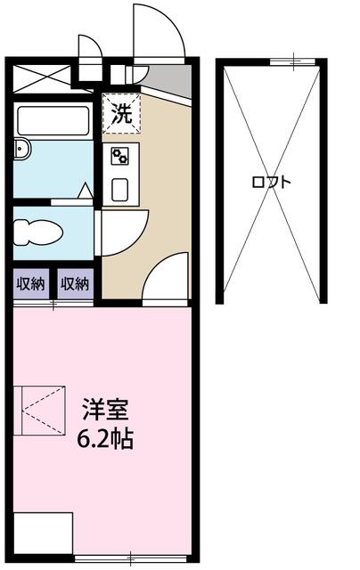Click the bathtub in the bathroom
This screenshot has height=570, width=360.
click(x=54, y=120)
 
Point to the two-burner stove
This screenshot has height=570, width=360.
click(x=119, y=157)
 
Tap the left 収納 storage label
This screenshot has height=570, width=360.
click(x=31, y=285)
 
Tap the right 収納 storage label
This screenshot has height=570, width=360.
click(x=75, y=285)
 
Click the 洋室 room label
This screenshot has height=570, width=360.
click(x=106, y=411)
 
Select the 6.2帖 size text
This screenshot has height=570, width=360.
click(x=106, y=439)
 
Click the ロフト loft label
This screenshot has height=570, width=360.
click(x=271, y=182)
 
